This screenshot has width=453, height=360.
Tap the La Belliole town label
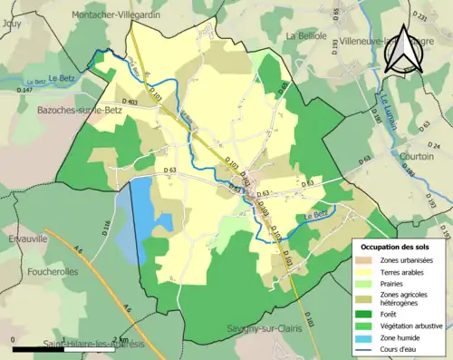(306, 35)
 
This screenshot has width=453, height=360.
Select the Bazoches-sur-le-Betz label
(57, 107)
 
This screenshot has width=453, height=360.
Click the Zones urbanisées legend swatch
(369, 259)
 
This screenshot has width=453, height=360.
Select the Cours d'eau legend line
(369, 349)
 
